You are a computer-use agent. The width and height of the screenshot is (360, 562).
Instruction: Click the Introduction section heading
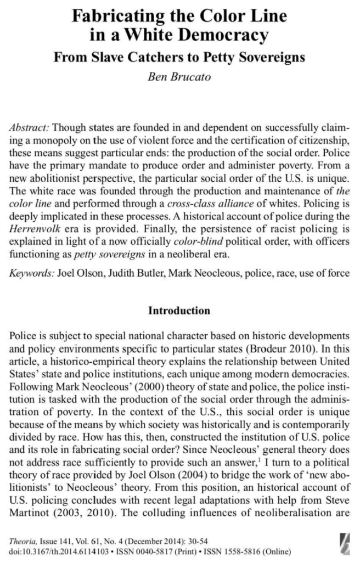[x=179, y=311]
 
